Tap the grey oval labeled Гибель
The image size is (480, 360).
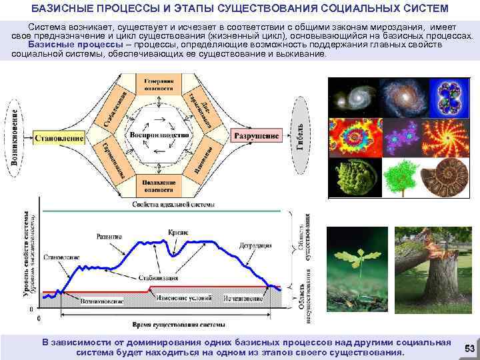coord(301,137)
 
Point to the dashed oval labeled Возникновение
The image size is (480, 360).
coord(15,137)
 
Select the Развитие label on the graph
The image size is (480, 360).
coord(109,237)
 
